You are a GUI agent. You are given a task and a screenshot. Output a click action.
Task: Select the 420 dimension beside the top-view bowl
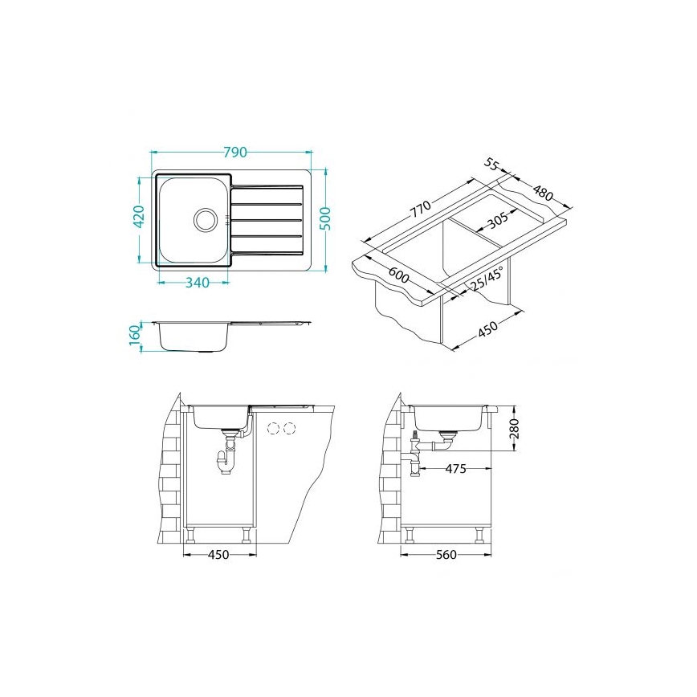tap(138, 218)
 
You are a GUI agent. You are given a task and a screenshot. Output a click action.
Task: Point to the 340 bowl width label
tap(197, 282)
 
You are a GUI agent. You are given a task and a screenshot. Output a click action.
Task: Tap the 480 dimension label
tap(543, 194)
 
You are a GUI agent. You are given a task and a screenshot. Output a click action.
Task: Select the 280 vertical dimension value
tap(514, 430)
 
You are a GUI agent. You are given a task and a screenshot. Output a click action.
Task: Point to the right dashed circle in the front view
tap(290, 426)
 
